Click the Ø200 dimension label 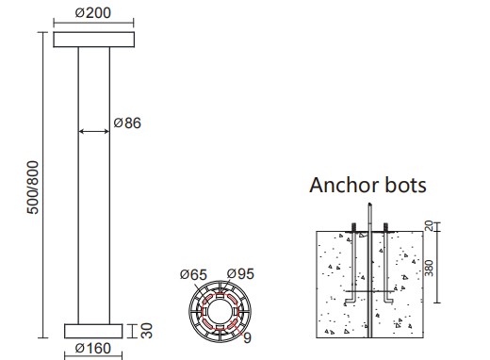tap(93, 13)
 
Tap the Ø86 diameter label tap(127, 123)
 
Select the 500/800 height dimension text tap(33, 188)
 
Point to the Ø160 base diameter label tap(93, 349)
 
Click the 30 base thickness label tap(147, 331)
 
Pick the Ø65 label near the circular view tap(193, 274)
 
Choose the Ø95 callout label tap(240, 274)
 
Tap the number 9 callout tap(248, 338)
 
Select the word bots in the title tap(406, 185)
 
